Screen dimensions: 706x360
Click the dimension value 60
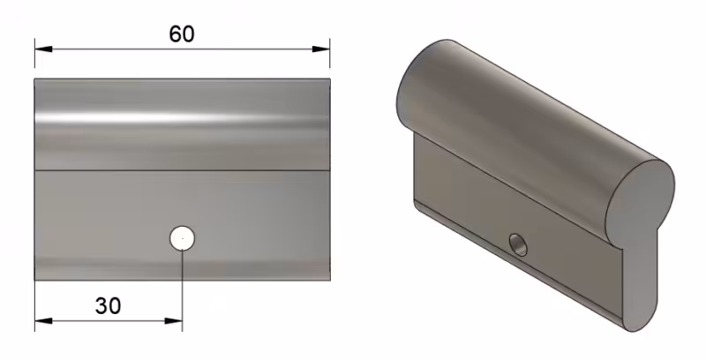(182, 34)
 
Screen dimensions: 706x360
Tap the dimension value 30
(108, 306)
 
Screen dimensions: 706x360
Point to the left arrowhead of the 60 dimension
(43, 49)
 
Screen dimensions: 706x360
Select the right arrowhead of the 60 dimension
(321, 49)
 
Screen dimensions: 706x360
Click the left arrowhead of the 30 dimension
(43, 321)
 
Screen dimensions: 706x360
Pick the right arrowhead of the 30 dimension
(174, 321)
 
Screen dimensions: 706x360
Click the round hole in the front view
(183, 237)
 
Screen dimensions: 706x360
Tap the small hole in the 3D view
(519, 244)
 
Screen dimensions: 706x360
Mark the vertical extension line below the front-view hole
(183, 290)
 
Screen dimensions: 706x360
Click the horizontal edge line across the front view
(183, 170)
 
